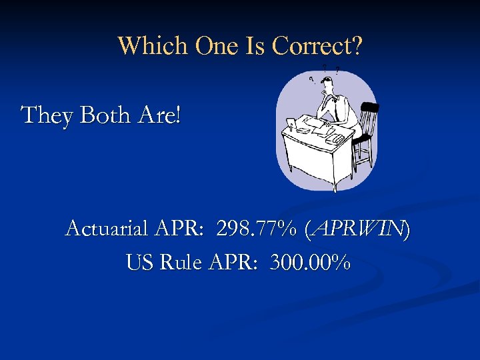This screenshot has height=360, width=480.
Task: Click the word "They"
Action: click(x=48, y=115)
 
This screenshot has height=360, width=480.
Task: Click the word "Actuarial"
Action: click(x=107, y=230)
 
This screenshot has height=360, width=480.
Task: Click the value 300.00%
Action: click(x=311, y=263)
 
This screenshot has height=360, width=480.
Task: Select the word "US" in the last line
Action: click(x=139, y=263)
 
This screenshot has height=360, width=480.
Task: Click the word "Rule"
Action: click(x=180, y=263)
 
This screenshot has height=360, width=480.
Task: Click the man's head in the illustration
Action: click(x=327, y=85)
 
